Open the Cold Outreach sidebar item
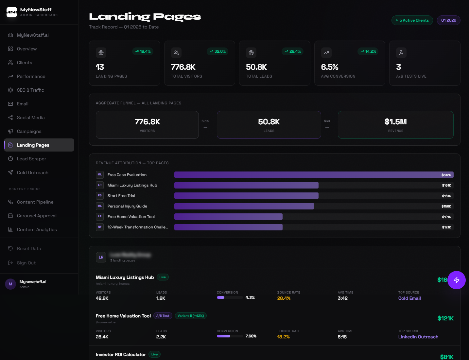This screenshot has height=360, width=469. (x=32, y=172)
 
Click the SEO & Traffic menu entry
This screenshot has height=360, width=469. (x=30, y=90)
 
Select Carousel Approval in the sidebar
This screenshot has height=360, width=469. (x=37, y=216)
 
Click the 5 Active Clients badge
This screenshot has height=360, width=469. (x=412, y=20)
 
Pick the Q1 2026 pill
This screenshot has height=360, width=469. (x=448, y=20)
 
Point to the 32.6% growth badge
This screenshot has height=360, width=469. (x=218, y=51)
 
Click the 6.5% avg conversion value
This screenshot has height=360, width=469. (x=329, y=67)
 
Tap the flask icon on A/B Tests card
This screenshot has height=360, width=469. (x=401, y=53)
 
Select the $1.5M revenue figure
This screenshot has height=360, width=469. (x=395, y=122)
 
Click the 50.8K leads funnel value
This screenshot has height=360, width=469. (x=269, y=122)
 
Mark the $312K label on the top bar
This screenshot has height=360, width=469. (x=446, y=175)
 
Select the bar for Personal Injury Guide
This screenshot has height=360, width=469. (x=244, y=206)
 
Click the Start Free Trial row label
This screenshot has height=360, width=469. (x=121, y=196)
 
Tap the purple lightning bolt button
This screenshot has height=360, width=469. (x=456, y=280)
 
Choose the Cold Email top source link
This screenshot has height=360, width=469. (x=409, y=298)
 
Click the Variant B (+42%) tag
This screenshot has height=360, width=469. (x=191, y=316)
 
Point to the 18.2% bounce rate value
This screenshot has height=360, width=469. (x=283, y=337)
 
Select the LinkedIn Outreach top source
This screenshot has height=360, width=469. (x=418, y=337)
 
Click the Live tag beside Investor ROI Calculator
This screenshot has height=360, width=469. (x=154, y=354)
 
